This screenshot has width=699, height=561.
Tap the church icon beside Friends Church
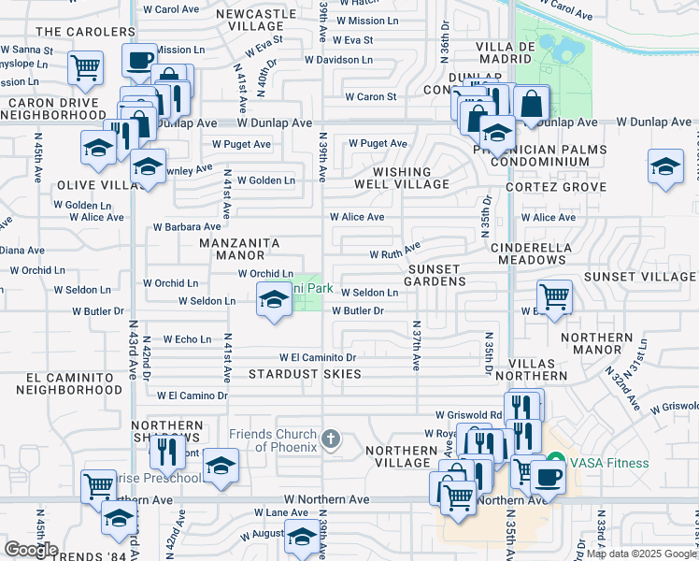coord(329,439)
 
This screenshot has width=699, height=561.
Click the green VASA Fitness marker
coord(555,462)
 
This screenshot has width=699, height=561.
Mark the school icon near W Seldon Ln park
coord(273,299)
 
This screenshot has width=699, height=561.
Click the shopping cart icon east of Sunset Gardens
coord(555,296)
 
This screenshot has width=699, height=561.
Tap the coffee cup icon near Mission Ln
coord(139,60)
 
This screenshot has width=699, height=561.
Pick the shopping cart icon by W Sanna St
coord(84,66)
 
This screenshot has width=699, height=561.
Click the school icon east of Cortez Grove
coord(665,166)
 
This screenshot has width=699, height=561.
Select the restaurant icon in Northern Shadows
coord(166,452)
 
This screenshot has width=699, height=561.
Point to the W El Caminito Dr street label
coord(318,357)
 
